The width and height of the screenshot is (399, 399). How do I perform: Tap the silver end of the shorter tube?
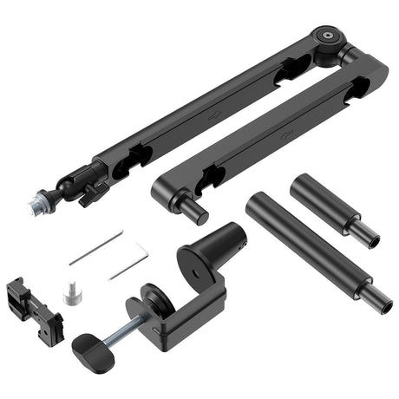367,235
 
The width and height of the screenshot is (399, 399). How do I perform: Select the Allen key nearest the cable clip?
95,248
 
